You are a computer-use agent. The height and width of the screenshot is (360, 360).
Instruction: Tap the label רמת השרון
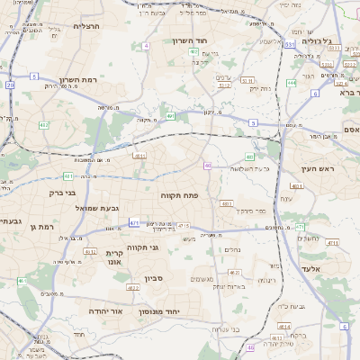point(77,80)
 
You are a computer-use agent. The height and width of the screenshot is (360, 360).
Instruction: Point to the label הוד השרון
point(190,40)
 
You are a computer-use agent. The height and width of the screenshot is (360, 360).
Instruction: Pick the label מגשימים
point(202,279)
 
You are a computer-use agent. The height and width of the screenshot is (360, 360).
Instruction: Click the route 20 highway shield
point(11,85)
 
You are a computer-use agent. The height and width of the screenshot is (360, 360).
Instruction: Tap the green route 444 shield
point(292,83)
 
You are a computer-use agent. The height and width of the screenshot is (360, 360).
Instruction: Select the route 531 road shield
point(290,42)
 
